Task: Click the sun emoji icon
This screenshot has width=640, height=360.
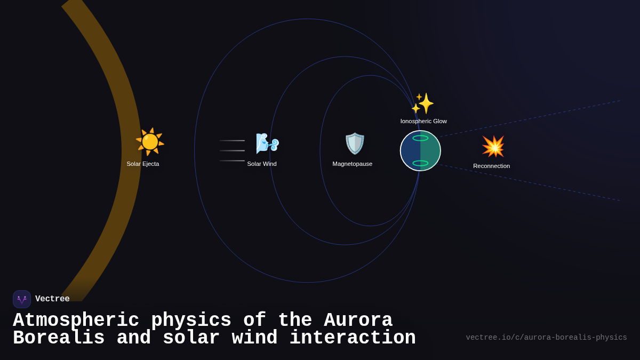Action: click(150, 142)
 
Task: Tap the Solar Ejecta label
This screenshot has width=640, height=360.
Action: click(143, 164)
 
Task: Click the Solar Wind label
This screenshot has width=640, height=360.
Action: click(262, 164)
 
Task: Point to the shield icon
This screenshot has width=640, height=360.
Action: click(355, 143)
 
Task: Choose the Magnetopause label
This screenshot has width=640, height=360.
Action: click(353, 164)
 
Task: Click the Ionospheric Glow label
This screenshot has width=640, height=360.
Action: click(423, 121)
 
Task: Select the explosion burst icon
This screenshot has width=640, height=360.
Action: click(493, 146)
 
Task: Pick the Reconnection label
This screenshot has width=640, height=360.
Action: click(491, 166)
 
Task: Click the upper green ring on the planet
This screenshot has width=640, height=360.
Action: click(420, 138)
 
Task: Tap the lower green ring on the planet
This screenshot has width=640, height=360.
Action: click(420, 163)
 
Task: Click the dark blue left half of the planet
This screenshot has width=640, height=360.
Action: click(409, 150)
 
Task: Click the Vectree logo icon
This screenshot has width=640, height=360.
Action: click(22, 299)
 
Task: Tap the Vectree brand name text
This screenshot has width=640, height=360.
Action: click(52, 299)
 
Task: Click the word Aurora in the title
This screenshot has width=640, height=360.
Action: click(358, 321)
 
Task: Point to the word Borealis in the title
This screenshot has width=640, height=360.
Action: click(59, 338)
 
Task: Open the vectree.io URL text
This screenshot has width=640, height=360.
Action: click(546, 338)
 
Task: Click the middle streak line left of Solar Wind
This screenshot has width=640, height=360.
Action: click(232, 150)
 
